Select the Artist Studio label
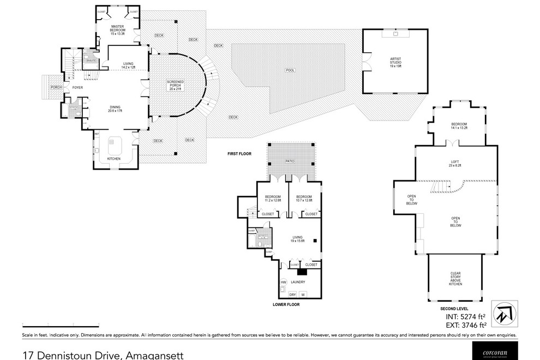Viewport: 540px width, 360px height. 395,61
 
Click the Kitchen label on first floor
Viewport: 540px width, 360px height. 113,159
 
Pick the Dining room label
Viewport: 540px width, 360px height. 115,109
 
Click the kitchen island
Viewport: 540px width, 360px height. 115,143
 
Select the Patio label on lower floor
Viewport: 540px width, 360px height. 290,161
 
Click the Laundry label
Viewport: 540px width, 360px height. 297,282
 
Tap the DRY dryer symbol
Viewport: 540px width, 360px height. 292,295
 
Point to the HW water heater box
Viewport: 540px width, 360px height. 283,282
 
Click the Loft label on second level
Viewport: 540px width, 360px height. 456,163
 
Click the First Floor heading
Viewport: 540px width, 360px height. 239,154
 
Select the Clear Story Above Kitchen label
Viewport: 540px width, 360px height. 456,279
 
